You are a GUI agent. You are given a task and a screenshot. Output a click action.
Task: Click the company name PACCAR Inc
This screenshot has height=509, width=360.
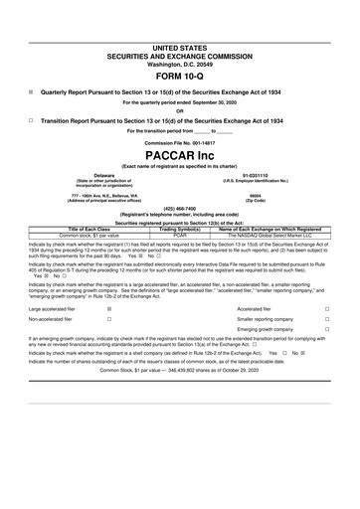click(x=180, y=155)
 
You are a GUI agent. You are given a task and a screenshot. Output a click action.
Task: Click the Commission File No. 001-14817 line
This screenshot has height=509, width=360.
click(x=180, y=141)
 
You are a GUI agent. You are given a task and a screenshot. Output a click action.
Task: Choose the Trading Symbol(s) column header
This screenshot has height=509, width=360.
click(x=181, y=230)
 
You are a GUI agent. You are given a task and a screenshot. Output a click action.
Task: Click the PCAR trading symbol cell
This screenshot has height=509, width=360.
click(x=181, y=236)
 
